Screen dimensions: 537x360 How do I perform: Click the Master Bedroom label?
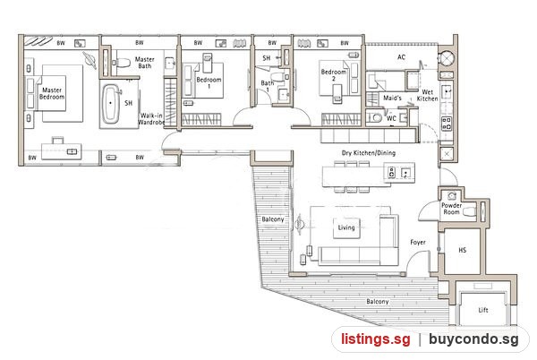point(52,93)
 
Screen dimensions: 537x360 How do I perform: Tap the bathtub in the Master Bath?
point(110,103)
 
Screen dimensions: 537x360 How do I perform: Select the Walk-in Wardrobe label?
point(151,119)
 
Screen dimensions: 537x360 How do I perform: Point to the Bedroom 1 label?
point(209,83)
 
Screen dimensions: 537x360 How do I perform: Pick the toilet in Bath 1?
point(277,76)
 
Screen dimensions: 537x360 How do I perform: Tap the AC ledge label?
point(401,57)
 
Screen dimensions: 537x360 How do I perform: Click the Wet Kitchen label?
point(427,95)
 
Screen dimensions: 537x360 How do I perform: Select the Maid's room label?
point(392,99)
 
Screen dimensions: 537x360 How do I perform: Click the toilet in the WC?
point(376,117)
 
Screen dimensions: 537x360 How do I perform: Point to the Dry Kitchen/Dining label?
point(369,153)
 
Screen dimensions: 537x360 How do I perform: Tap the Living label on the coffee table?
point(346,227)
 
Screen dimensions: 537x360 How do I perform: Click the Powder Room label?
point(451,209)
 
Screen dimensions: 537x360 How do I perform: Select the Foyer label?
point(418,243)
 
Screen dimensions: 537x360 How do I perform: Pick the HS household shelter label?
point(463,251)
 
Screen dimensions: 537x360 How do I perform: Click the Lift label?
point(483,311)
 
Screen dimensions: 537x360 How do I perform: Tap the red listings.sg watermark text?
point(375,339)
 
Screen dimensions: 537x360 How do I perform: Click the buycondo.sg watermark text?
point(473,339)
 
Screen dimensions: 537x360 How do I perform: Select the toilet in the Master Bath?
point(123,63)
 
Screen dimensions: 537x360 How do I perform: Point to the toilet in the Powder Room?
point(470,211)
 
